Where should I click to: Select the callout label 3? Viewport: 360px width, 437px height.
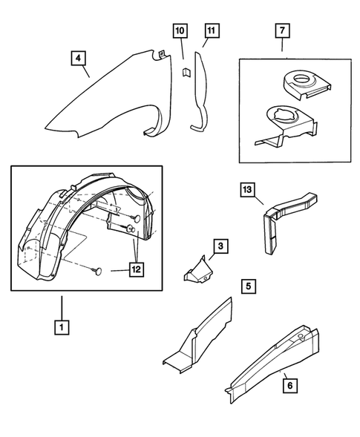click(220, 245)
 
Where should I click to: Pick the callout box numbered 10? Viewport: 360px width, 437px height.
click(180, 32)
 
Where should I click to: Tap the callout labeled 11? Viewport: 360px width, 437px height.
click(211, 32)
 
